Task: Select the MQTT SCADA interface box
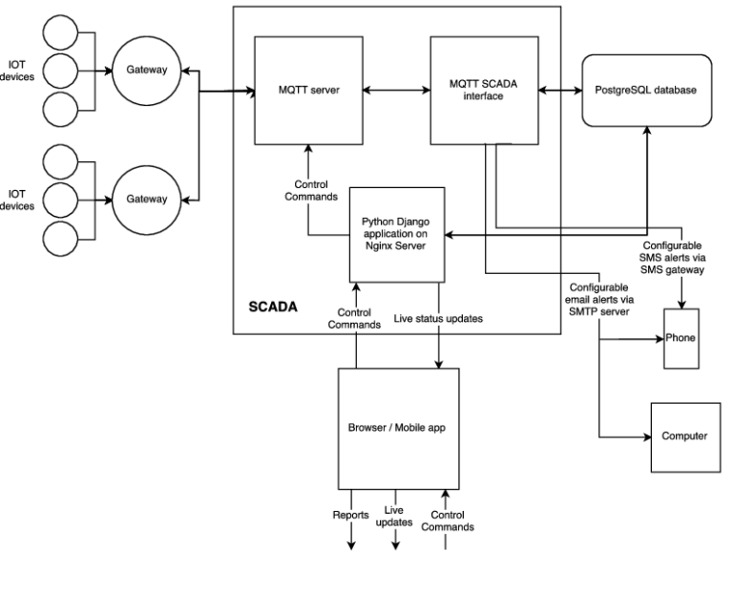[x=484, y=91]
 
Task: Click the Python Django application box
[x=393, y=234]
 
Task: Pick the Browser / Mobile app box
[x=398, y=428]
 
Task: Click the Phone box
[x=681, y=338]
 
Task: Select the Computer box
[x=684, y=436]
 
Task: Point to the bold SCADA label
[x=272, y=308]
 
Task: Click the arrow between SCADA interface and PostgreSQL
[x=561, y=92]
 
